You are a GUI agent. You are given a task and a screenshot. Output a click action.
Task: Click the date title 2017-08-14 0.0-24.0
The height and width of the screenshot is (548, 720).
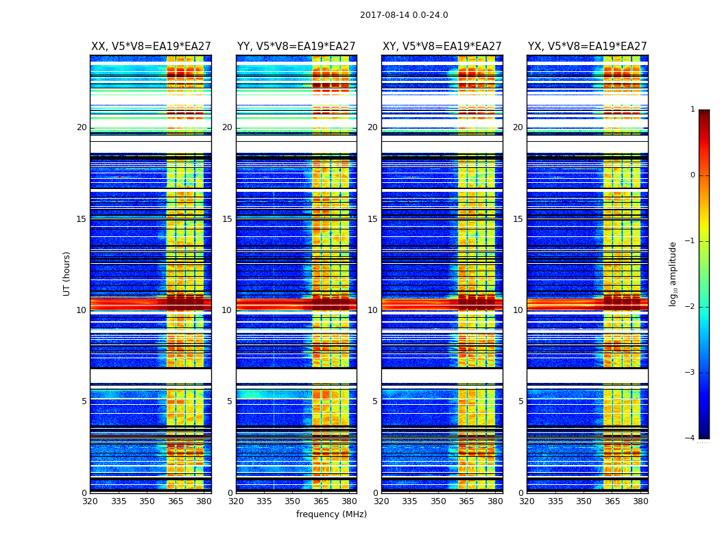point(404,15)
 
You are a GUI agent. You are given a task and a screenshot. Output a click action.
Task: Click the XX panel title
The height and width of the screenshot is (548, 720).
point(151,47)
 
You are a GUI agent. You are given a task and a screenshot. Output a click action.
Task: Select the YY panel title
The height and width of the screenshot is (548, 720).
point(296,47)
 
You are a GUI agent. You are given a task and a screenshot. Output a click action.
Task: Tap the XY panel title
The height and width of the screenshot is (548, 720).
point(442,47)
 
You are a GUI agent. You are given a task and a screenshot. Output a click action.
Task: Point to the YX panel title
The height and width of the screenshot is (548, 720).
point(587,47)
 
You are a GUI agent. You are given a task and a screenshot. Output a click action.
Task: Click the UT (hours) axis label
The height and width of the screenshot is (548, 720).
point(67,273)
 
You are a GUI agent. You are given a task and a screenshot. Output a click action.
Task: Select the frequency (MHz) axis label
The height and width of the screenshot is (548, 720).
point(331,514)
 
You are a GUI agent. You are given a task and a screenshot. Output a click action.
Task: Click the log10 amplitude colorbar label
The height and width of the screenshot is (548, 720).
point(673,273)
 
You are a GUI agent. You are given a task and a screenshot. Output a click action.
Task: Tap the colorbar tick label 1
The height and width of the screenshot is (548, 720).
point(692,110)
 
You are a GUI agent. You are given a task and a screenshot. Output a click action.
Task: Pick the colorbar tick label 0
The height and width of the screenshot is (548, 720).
point(692,175)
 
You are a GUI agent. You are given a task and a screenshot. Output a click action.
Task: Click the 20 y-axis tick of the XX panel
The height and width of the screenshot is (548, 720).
point(82,127)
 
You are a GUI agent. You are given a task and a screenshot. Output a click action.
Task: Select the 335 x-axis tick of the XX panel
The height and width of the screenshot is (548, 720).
point(119,501)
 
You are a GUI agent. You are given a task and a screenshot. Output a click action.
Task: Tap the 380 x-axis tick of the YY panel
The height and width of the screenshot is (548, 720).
point(349,501)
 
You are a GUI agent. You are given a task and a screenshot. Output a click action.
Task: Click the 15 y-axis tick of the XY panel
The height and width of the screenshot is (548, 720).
point(373,219)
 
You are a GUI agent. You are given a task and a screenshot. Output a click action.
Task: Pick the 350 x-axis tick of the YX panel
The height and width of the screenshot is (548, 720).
point(584,501)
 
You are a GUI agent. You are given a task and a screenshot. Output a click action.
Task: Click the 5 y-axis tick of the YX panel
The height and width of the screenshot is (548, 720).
point(521,401)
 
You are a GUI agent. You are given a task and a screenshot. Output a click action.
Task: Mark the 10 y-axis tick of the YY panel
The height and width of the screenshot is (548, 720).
point(227,310)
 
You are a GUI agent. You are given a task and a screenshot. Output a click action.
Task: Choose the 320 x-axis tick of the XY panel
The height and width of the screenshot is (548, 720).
point(381,501)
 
